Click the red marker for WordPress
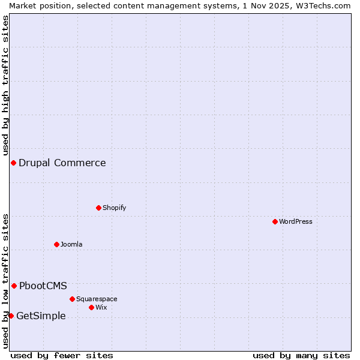point(275,221)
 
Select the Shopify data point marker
point(98,208)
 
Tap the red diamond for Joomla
point(56,244)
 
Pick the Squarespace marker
point(72,299)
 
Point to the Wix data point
point(91,307)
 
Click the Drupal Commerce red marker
point(13,163)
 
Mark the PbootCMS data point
point(14,286)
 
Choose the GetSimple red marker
point(11,316)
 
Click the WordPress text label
point(296,221)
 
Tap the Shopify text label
point(114,208)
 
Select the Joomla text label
point(71,244)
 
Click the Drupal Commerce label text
point(62,163)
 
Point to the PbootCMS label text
point(43,286)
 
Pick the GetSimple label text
point(41,316)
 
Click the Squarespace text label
point(97,299)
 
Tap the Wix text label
point(101,307)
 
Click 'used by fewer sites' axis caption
point(62,355)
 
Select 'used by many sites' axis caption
point(301,355)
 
